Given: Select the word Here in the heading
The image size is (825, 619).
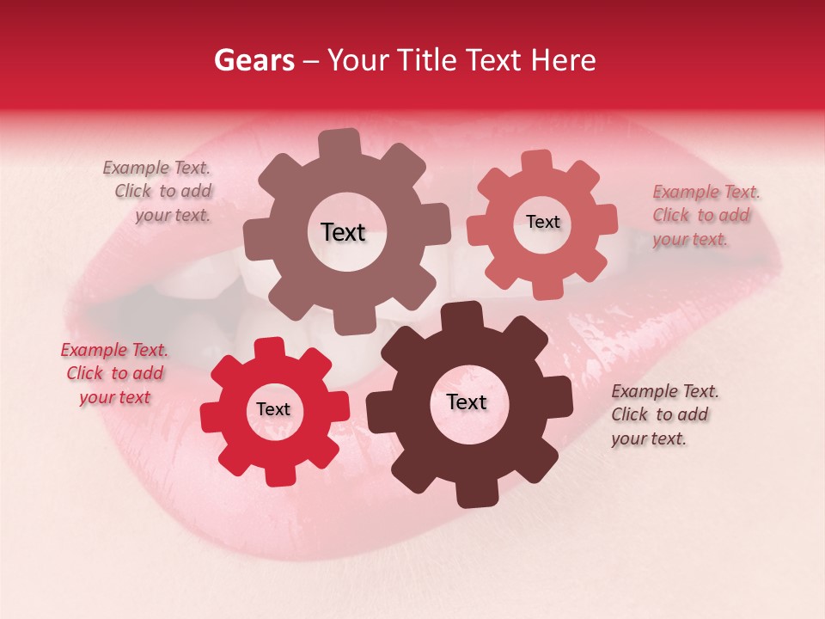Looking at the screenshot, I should pos(564,60).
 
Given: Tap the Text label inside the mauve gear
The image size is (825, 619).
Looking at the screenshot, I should pos(343,232).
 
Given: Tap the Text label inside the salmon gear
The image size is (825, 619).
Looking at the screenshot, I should pos(542,222).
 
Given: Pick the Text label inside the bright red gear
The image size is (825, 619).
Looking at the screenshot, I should pos(273,409).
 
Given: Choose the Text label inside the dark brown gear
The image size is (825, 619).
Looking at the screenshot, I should pos(467,401).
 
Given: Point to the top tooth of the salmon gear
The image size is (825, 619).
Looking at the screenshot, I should pos(537,162).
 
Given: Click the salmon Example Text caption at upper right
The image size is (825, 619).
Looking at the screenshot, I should pos(705,215).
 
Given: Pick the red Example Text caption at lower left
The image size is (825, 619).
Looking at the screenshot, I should pos(114,373).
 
